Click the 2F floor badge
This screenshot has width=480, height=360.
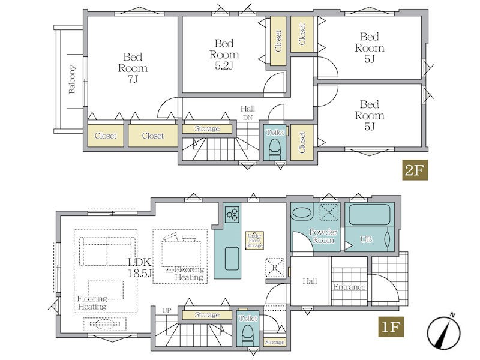coord(415,170)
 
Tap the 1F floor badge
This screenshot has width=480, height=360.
coord(391,327)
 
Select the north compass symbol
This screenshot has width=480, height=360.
coord(444,332)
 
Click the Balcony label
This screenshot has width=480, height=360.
coord(71,79)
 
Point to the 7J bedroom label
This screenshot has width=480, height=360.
coord(133,68)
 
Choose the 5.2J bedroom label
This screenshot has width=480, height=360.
coord(224,55)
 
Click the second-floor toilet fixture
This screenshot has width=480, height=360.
coord(275,149)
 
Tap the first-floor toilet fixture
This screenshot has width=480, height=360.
coord(248,335)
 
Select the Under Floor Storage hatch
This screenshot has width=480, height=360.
coord(254,240)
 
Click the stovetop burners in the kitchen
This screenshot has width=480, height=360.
coord(232,214)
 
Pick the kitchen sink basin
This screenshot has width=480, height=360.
coord(232,259)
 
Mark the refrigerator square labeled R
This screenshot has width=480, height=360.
coord(275,268)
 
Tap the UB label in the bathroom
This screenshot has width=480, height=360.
coord(366,239)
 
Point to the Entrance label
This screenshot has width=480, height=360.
coord(349,287)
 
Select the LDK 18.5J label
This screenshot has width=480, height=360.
coord(140,267)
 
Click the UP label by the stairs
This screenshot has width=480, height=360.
coord(167,310)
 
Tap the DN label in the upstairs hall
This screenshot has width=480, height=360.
coord(248,117)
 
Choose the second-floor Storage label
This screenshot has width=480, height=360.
coord(207,128)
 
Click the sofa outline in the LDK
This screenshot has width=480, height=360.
coord(107,251)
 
